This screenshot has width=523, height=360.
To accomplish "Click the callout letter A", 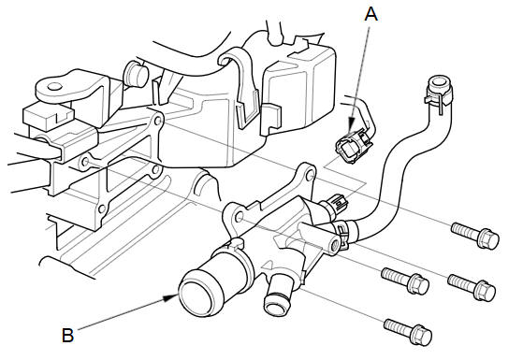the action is click(x=370, y=14).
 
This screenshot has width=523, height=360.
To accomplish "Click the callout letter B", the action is click(x=67, y=335).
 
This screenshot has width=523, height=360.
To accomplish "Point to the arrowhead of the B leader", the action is click(x=172, y=297).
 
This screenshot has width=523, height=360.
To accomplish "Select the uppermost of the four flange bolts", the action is click(x=475, y=235).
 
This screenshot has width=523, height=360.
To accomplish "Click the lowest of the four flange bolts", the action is click(x=408, y=331).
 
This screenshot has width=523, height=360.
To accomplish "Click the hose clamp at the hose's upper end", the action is click(x=439, y=95).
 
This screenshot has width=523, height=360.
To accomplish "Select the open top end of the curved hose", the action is click(x=440, y=81).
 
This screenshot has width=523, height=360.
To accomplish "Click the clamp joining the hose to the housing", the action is click(x=342, y=234).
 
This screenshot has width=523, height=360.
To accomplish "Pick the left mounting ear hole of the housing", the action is click(x=239, y=217).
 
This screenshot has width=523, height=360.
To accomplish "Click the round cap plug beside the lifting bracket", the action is click(x=136, y=74).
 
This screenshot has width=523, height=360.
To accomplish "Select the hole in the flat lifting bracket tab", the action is click(x=54, y=87).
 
